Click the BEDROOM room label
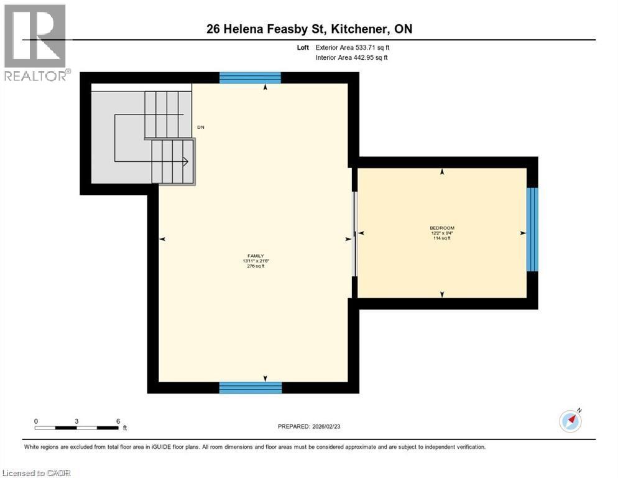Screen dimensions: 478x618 point(442,228)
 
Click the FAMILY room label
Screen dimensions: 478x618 point(256,256)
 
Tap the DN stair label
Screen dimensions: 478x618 point(200,127)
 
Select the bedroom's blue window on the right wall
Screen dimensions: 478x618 point(532,229)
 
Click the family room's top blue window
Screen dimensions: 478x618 point(250,78)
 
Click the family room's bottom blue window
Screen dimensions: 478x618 point(251,388)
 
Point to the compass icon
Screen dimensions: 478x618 point(570,421)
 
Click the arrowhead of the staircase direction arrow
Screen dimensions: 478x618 point(185,161)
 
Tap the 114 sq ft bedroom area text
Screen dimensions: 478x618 point(442,238)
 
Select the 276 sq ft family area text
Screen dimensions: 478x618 point(255,266)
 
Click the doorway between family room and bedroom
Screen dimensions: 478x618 point(355,233)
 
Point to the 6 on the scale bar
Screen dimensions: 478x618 point(118,421)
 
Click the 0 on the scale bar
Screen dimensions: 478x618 point(36,421)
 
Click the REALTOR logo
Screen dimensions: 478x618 point(35,42)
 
